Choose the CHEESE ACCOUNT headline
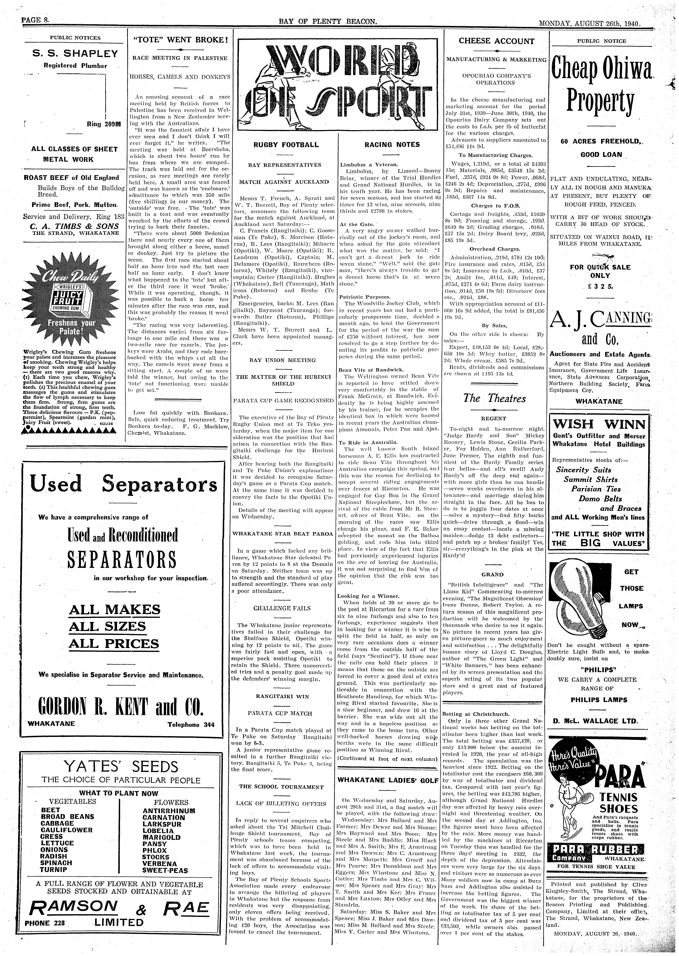[x=496, y=41]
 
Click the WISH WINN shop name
[x=599, y=425]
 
